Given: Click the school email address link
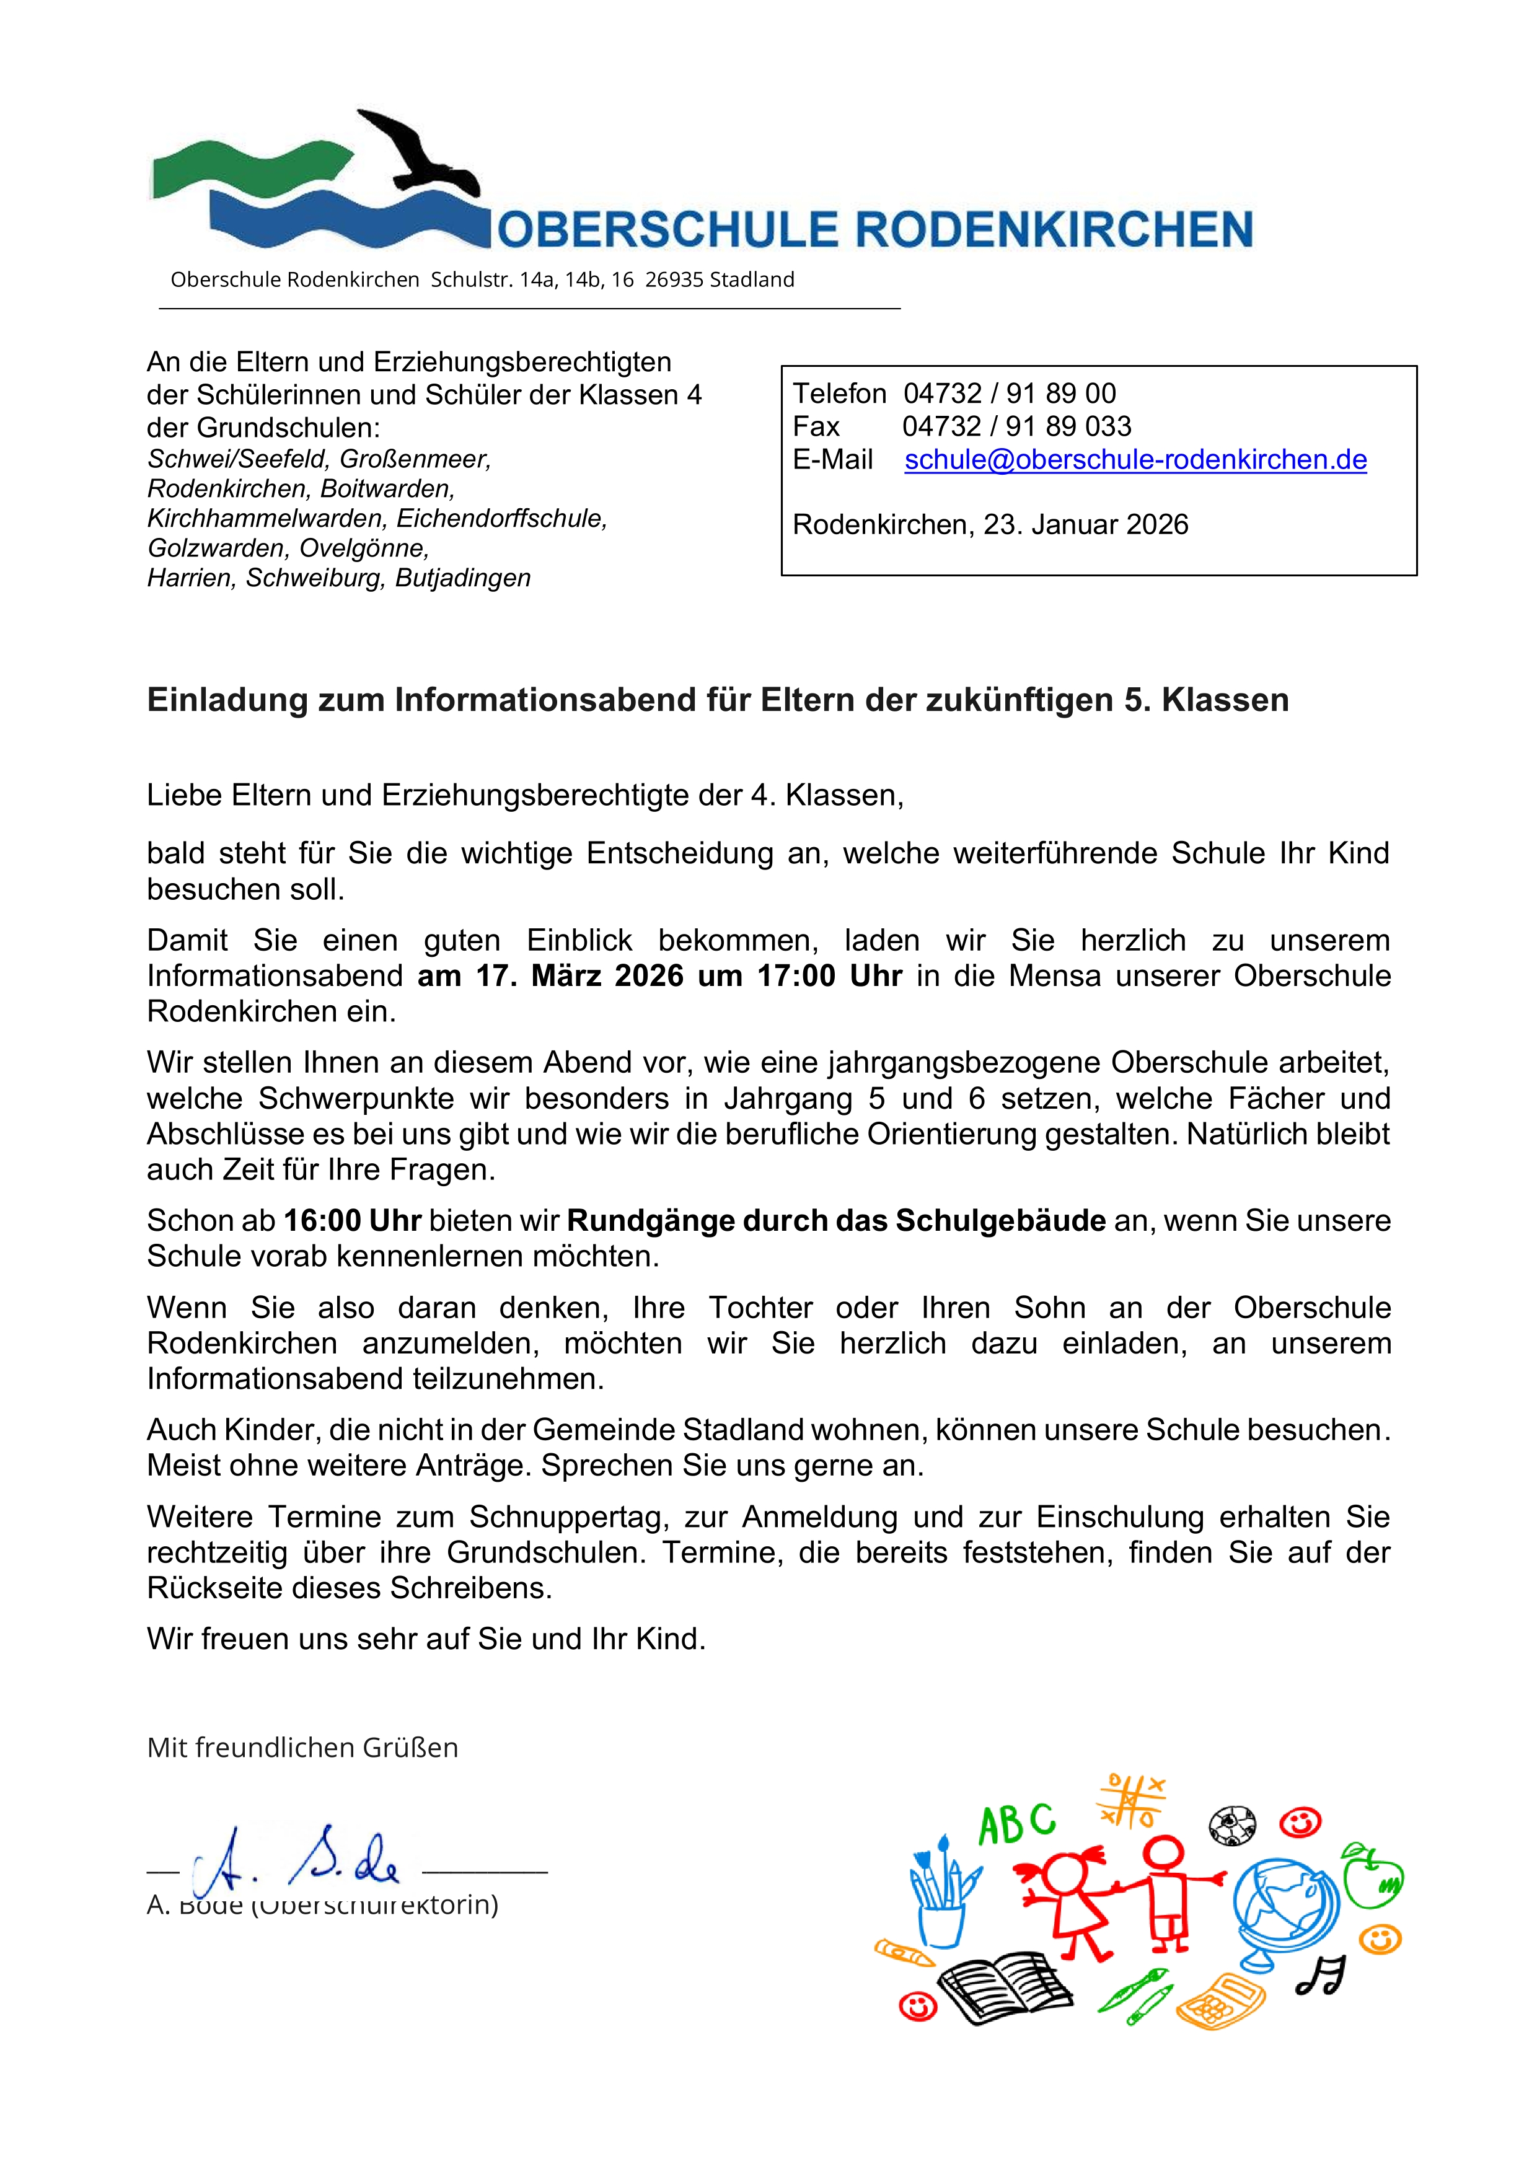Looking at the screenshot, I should [1135, 460].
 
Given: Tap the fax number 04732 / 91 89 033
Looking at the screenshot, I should [1016, 427].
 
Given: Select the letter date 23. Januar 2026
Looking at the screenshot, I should [1085, 524].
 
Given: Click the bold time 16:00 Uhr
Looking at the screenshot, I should [352, 1220].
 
